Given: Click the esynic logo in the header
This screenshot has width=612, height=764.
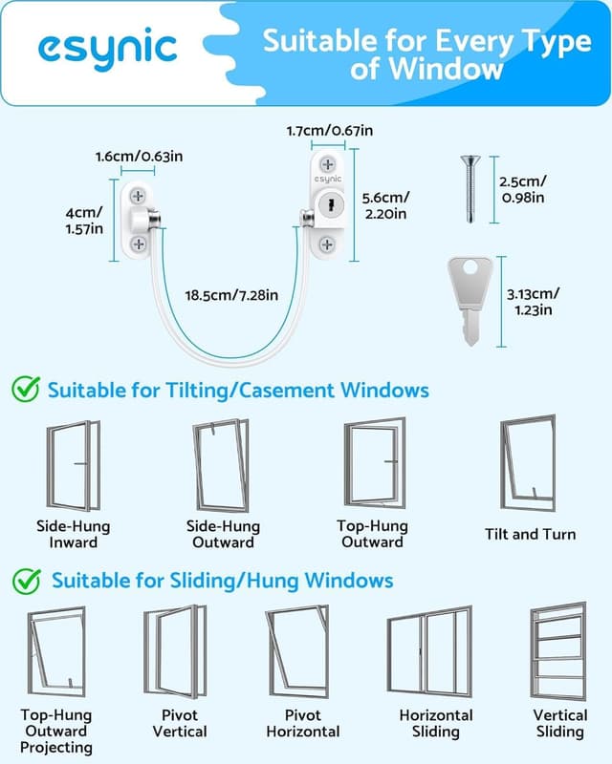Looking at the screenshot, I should (x=108, y=48).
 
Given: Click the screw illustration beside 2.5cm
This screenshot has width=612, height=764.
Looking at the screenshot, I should (x=470, y=189).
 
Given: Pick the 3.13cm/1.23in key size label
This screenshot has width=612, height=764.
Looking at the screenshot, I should (x=534, y=302).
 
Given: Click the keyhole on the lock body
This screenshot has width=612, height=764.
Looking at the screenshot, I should (x=329, y=204).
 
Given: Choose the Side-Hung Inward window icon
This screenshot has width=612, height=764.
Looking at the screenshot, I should (x=74, y=465).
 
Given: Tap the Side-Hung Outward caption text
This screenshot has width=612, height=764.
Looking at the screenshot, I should (x=223, y=534).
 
